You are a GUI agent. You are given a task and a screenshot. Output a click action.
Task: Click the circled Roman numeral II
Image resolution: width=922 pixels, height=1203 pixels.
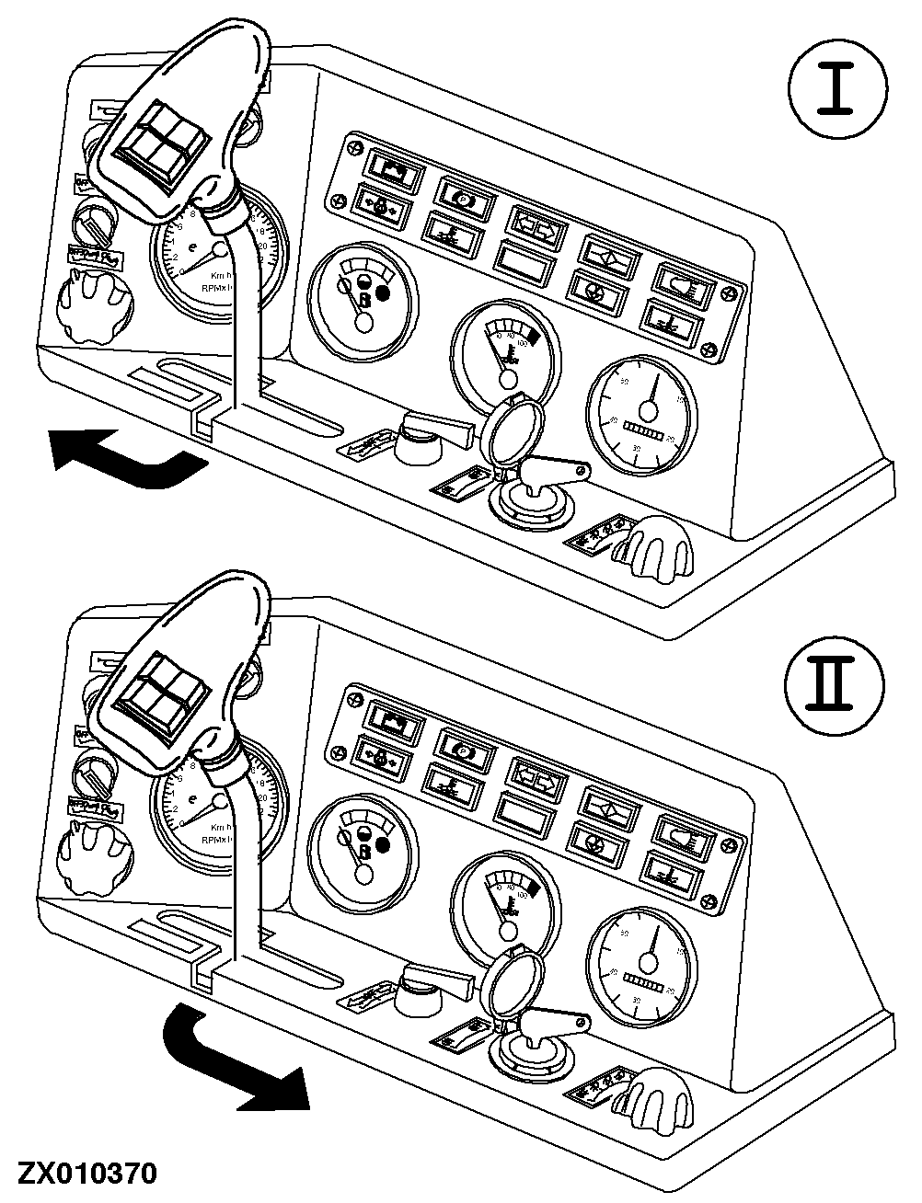click(834, 685)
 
